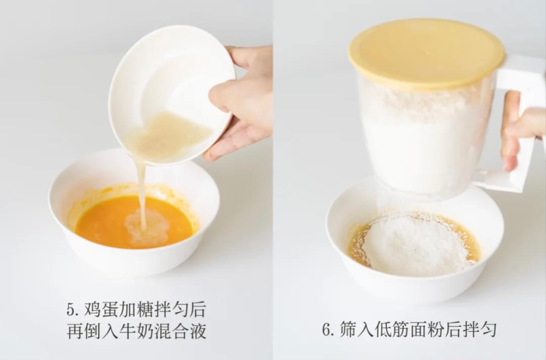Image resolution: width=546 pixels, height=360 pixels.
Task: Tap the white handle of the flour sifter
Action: click(x=521, y=126)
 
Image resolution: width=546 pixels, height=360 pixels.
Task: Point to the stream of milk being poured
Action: click(x=142, y=192)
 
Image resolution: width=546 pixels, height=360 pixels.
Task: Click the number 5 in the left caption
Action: click(x=71, y=310)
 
